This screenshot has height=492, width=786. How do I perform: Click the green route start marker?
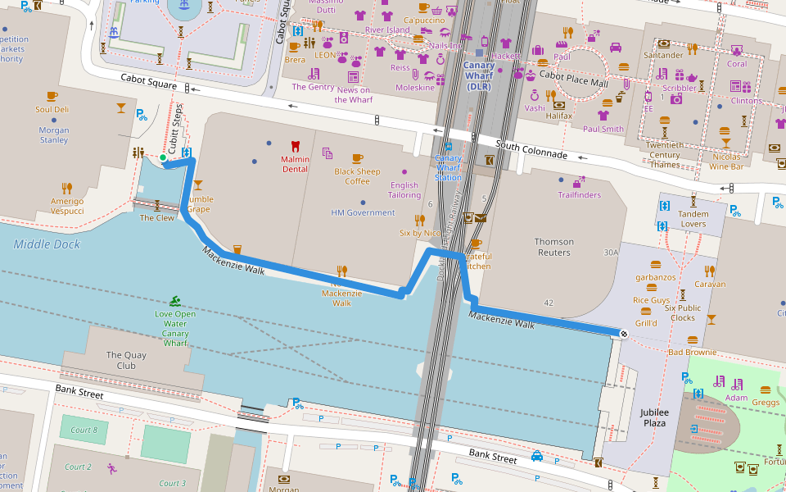163,157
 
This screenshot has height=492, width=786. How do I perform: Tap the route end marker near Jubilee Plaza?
624,333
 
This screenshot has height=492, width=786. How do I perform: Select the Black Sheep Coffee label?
357,176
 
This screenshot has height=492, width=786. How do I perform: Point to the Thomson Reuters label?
553,247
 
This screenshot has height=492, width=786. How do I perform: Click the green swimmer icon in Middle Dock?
174,302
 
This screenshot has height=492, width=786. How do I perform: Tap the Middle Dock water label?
47,244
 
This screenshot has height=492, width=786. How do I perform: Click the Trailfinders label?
579,195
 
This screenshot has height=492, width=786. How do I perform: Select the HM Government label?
363,212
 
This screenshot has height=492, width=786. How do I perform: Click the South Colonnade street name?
531,149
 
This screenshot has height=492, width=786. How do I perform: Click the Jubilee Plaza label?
654,417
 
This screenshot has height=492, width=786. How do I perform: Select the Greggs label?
766,402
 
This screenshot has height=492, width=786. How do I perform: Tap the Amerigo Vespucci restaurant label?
67,206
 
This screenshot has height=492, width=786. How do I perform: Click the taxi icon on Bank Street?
536,456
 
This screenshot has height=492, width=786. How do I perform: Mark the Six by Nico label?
421,233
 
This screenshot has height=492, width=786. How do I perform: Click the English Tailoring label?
404,190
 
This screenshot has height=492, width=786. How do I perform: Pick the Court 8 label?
84,430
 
